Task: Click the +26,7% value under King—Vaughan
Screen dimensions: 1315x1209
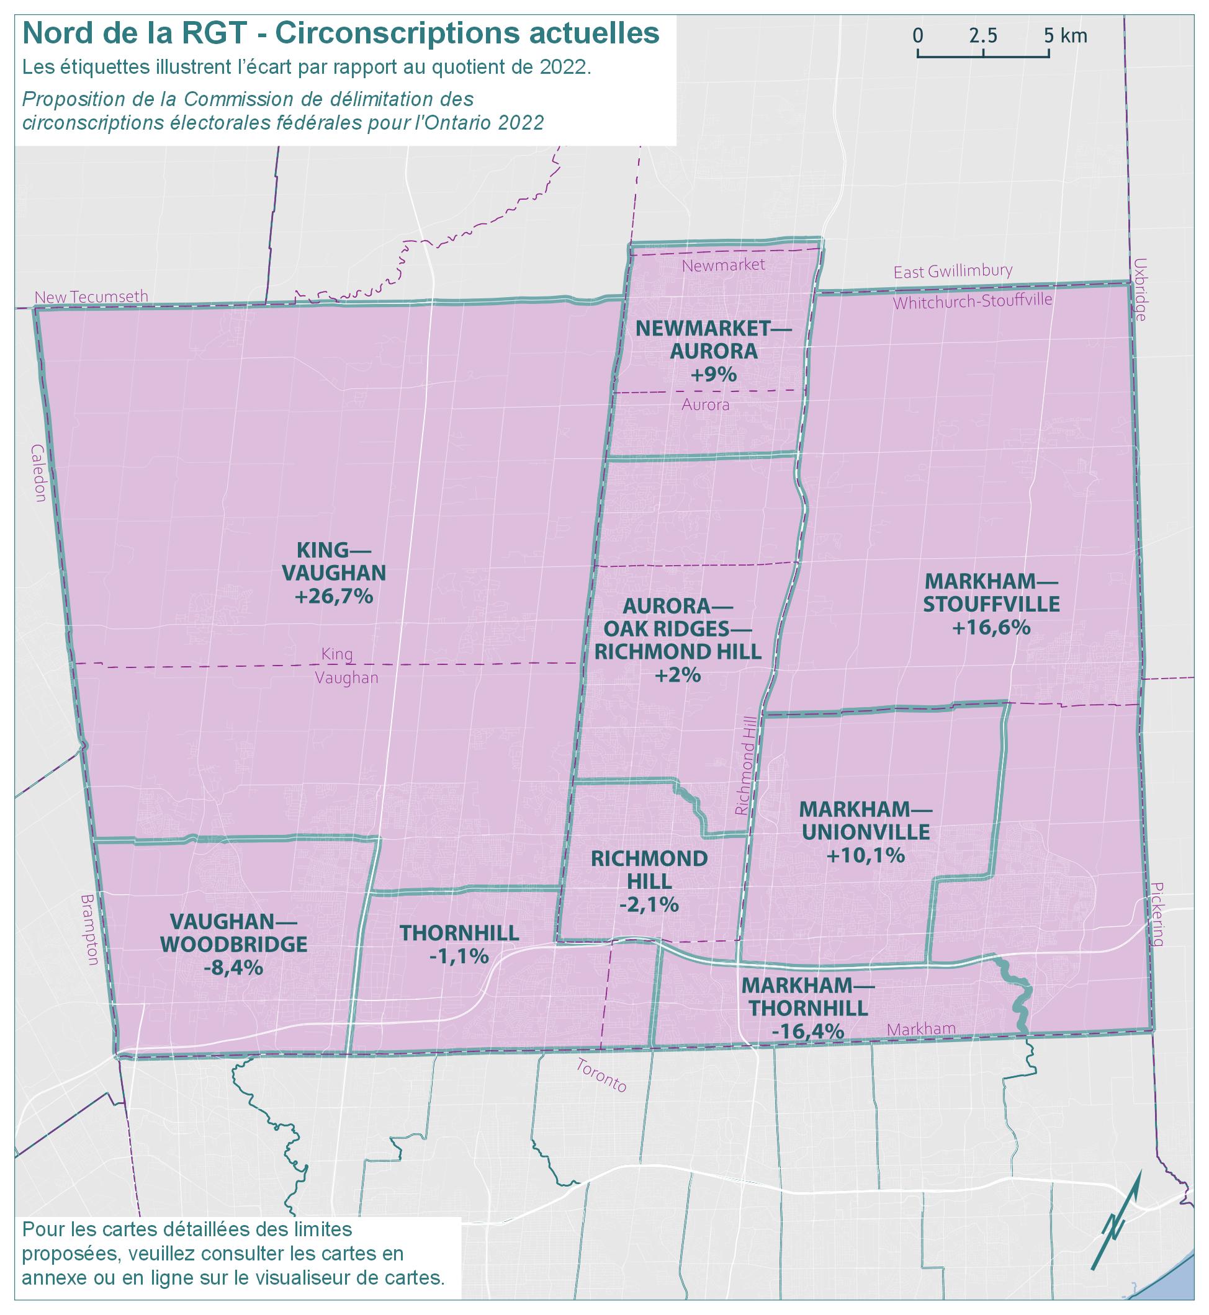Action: tap(333, 596)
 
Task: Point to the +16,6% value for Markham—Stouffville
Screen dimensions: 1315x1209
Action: tap(991, 627)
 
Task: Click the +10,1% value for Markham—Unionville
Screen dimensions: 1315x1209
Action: tap(865, 855)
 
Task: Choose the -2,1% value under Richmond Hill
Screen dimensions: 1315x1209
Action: tap(649, 904)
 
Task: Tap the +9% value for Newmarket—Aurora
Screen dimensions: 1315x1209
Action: tap(713, 375)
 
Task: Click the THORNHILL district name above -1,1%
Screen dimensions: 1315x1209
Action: tap(459, 933)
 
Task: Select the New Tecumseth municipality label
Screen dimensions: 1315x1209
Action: tap(92, 297)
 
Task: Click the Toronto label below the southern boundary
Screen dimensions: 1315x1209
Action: tap(601, 1076)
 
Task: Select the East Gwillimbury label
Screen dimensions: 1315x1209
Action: tap(953, 270)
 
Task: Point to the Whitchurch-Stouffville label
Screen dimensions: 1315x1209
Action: tap(972, 301)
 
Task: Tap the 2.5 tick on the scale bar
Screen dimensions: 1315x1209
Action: tap(983, 36)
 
